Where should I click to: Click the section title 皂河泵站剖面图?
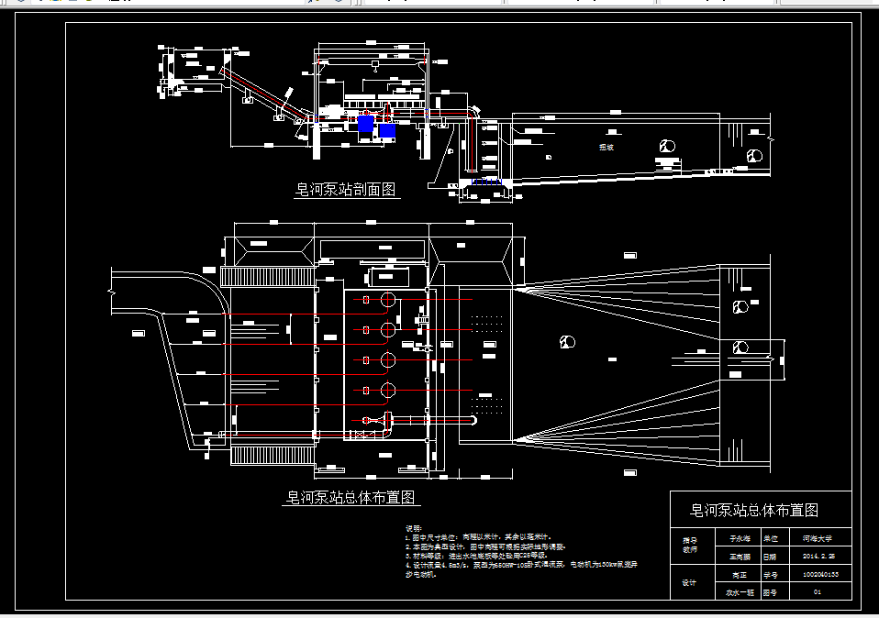[344, 190]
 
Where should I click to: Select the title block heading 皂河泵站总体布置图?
[754, 510]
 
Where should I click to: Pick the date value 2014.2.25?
[820, 557]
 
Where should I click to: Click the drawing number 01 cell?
[820, 592]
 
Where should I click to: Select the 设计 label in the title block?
[689, 583]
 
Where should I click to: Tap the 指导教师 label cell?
[689, 547]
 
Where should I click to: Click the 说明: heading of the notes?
[414, 529]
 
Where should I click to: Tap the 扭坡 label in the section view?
[606, 147]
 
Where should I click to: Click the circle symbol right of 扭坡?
[667, 145]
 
